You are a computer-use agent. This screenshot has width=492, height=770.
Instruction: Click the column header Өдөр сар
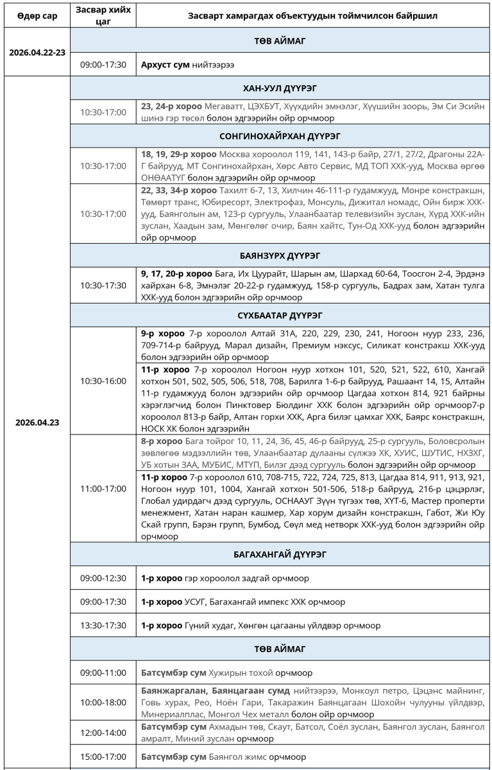click(35, 15)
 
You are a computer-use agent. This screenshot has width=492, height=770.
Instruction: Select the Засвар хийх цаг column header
click(103, 15)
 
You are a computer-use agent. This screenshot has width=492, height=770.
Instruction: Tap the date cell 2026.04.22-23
click(35, 53)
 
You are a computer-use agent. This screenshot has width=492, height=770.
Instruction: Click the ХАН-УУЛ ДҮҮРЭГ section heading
click(280, 88)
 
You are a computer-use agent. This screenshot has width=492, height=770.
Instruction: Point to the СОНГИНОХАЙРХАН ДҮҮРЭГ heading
click(280, 137)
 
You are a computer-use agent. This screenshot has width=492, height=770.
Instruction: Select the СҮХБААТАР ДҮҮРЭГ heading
click(280, 316)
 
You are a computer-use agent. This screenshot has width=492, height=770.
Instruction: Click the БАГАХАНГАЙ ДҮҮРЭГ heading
click(280, 554)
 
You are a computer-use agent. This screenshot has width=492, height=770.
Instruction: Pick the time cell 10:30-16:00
click(103, 381)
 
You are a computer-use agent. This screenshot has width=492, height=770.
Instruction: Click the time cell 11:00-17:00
click(103, 488)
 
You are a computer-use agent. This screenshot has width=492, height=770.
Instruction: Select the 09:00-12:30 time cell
click(103, 578)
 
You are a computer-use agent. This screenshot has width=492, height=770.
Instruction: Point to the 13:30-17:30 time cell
click(103, 625)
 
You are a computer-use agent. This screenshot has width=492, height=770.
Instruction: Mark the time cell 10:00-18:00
click(103, 702)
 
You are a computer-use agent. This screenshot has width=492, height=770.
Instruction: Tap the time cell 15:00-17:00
click(103, 757)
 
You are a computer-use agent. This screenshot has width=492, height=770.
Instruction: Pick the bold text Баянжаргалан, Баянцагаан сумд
click(214, 690)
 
